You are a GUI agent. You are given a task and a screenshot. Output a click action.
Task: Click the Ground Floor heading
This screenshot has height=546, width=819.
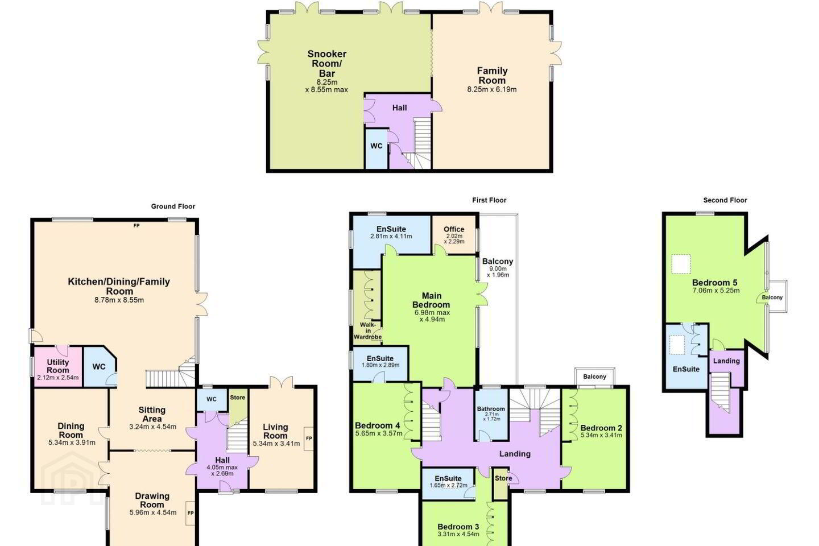pos(173,206)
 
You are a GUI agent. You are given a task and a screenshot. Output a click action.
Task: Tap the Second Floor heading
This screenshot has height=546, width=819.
pos(725,200)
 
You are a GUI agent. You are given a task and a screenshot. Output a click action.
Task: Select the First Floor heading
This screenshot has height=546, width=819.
pos(489,200)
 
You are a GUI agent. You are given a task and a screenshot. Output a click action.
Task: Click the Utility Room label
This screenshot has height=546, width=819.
pos(58,366)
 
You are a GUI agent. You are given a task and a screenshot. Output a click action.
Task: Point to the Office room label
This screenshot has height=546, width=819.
pos(454,229)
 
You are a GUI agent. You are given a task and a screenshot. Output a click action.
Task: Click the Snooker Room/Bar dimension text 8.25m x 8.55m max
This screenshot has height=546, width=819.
pos(326,86)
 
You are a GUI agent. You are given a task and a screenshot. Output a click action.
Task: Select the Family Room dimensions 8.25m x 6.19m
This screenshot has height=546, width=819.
pos(492,89)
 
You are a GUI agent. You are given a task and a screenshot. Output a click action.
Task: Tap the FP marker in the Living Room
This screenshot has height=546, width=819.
pos(309,438)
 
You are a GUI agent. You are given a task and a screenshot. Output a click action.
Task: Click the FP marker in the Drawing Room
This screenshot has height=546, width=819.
pos(191,513)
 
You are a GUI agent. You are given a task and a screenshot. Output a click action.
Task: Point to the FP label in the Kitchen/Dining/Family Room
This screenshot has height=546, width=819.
pos(136,226)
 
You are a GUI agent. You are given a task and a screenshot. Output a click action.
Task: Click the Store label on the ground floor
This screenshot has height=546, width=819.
pos(238,398)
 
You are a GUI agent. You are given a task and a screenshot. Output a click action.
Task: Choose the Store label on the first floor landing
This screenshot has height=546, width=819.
pos(503,478)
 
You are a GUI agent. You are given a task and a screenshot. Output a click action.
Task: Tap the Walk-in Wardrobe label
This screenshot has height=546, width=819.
pos(368,330)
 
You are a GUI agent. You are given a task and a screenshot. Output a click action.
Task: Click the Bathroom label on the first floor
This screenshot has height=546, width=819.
pos(491,409)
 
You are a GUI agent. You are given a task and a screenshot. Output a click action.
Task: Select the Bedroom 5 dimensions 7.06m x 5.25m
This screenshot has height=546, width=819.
pos(716,291)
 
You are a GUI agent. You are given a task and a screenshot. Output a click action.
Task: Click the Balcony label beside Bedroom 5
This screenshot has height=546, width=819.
pos(772,297)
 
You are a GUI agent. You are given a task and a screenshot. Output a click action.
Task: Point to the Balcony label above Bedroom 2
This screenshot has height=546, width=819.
pos(594,377)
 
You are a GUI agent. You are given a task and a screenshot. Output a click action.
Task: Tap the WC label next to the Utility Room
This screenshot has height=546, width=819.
pos(99,366)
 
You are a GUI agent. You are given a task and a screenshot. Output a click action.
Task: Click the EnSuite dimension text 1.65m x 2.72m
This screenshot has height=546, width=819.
pos(449,485)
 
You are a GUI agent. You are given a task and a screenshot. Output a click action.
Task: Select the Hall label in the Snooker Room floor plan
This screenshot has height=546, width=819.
pos(400,108)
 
